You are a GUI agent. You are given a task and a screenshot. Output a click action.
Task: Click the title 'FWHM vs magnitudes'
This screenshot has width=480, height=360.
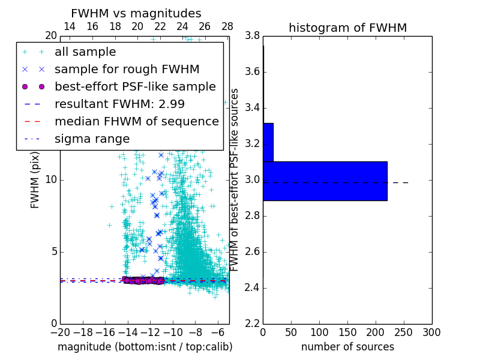point(136,13)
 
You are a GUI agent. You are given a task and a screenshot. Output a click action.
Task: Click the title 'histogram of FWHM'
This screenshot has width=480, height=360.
point(347,28)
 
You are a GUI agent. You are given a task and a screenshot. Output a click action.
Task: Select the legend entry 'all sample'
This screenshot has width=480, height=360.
point(85,52)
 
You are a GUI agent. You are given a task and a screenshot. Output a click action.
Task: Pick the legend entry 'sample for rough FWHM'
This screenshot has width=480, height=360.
point(127,69)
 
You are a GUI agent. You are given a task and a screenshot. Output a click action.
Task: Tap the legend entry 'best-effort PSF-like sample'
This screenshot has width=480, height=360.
point(135,86)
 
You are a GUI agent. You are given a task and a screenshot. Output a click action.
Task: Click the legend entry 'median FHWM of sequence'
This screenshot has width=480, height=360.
point(136,121)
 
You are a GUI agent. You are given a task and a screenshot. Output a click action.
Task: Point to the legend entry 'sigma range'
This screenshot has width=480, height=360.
point(92,139)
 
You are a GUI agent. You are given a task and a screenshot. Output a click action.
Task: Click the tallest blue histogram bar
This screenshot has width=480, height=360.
point(325,181)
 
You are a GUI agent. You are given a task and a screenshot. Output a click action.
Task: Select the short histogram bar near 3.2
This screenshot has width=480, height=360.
point(268,142)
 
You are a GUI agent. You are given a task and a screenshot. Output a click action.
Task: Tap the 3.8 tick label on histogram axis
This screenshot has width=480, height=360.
point(252,36)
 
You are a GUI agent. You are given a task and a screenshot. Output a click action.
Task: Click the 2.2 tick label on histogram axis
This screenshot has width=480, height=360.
point(252,324)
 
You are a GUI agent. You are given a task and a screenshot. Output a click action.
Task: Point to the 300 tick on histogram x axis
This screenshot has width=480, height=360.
point(431,332)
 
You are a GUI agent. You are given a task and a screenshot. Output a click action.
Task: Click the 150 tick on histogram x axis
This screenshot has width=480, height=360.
point(347,332)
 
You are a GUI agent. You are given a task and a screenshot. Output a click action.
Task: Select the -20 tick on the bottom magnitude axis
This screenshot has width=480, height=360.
point(60,332)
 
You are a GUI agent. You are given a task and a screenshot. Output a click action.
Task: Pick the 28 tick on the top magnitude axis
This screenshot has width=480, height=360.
point(227,27)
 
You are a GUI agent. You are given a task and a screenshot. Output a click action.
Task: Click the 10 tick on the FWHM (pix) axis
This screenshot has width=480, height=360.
point(51,180)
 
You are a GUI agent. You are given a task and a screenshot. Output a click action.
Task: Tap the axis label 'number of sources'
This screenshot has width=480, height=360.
point(347,347)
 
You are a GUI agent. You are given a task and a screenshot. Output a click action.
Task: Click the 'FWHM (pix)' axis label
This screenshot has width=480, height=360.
point(35,180)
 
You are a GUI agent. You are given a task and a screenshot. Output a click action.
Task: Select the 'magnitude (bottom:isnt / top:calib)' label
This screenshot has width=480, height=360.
point(145,347)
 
